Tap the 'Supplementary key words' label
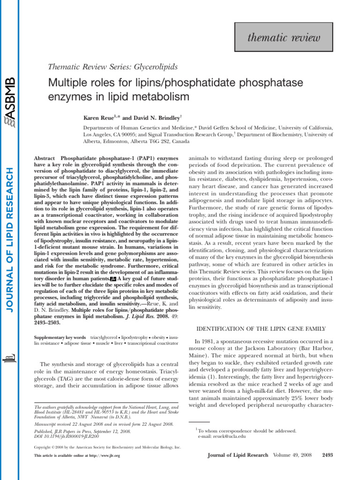[60, 337]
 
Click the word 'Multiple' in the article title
[66, 83]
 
